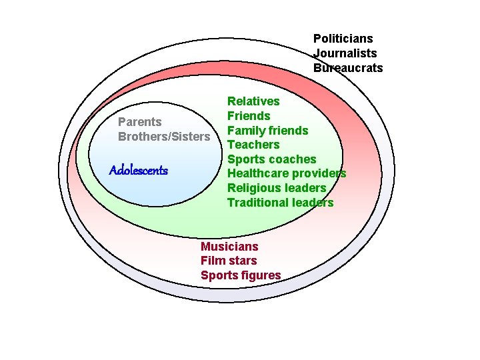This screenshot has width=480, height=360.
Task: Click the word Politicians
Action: click(x=343, y=39)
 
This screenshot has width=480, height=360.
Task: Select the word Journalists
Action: click(x=345, y=53)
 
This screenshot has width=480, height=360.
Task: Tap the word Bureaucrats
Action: click(x=348, y=68)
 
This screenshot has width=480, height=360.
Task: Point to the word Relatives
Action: click(x=253, y=101)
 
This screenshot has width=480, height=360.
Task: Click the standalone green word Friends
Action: click(x=249, y=116)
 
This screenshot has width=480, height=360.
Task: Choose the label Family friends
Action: click(x=267, y=131)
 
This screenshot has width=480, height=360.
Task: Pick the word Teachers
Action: click(x=253, y=145)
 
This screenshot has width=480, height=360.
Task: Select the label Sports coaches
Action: click(x=271, y=159)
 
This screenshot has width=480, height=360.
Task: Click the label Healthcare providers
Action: click(x=287, y=173)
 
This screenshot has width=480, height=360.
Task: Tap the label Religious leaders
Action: click(x=277, y=188)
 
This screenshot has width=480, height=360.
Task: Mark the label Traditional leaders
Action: click(x=280, y=203)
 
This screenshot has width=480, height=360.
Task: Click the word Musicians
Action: click(x=229, y=247)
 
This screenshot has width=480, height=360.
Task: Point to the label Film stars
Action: click(x=228, y=261)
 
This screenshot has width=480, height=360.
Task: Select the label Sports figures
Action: click(x=241, y=275)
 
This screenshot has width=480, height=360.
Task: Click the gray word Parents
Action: click(x=139, y=122)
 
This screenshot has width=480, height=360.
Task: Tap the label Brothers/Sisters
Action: click(x=164, y=137)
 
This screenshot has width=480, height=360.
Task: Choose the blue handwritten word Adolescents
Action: click(x=139, y=171)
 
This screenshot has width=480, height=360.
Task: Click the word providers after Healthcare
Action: click(x=319, y=173)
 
